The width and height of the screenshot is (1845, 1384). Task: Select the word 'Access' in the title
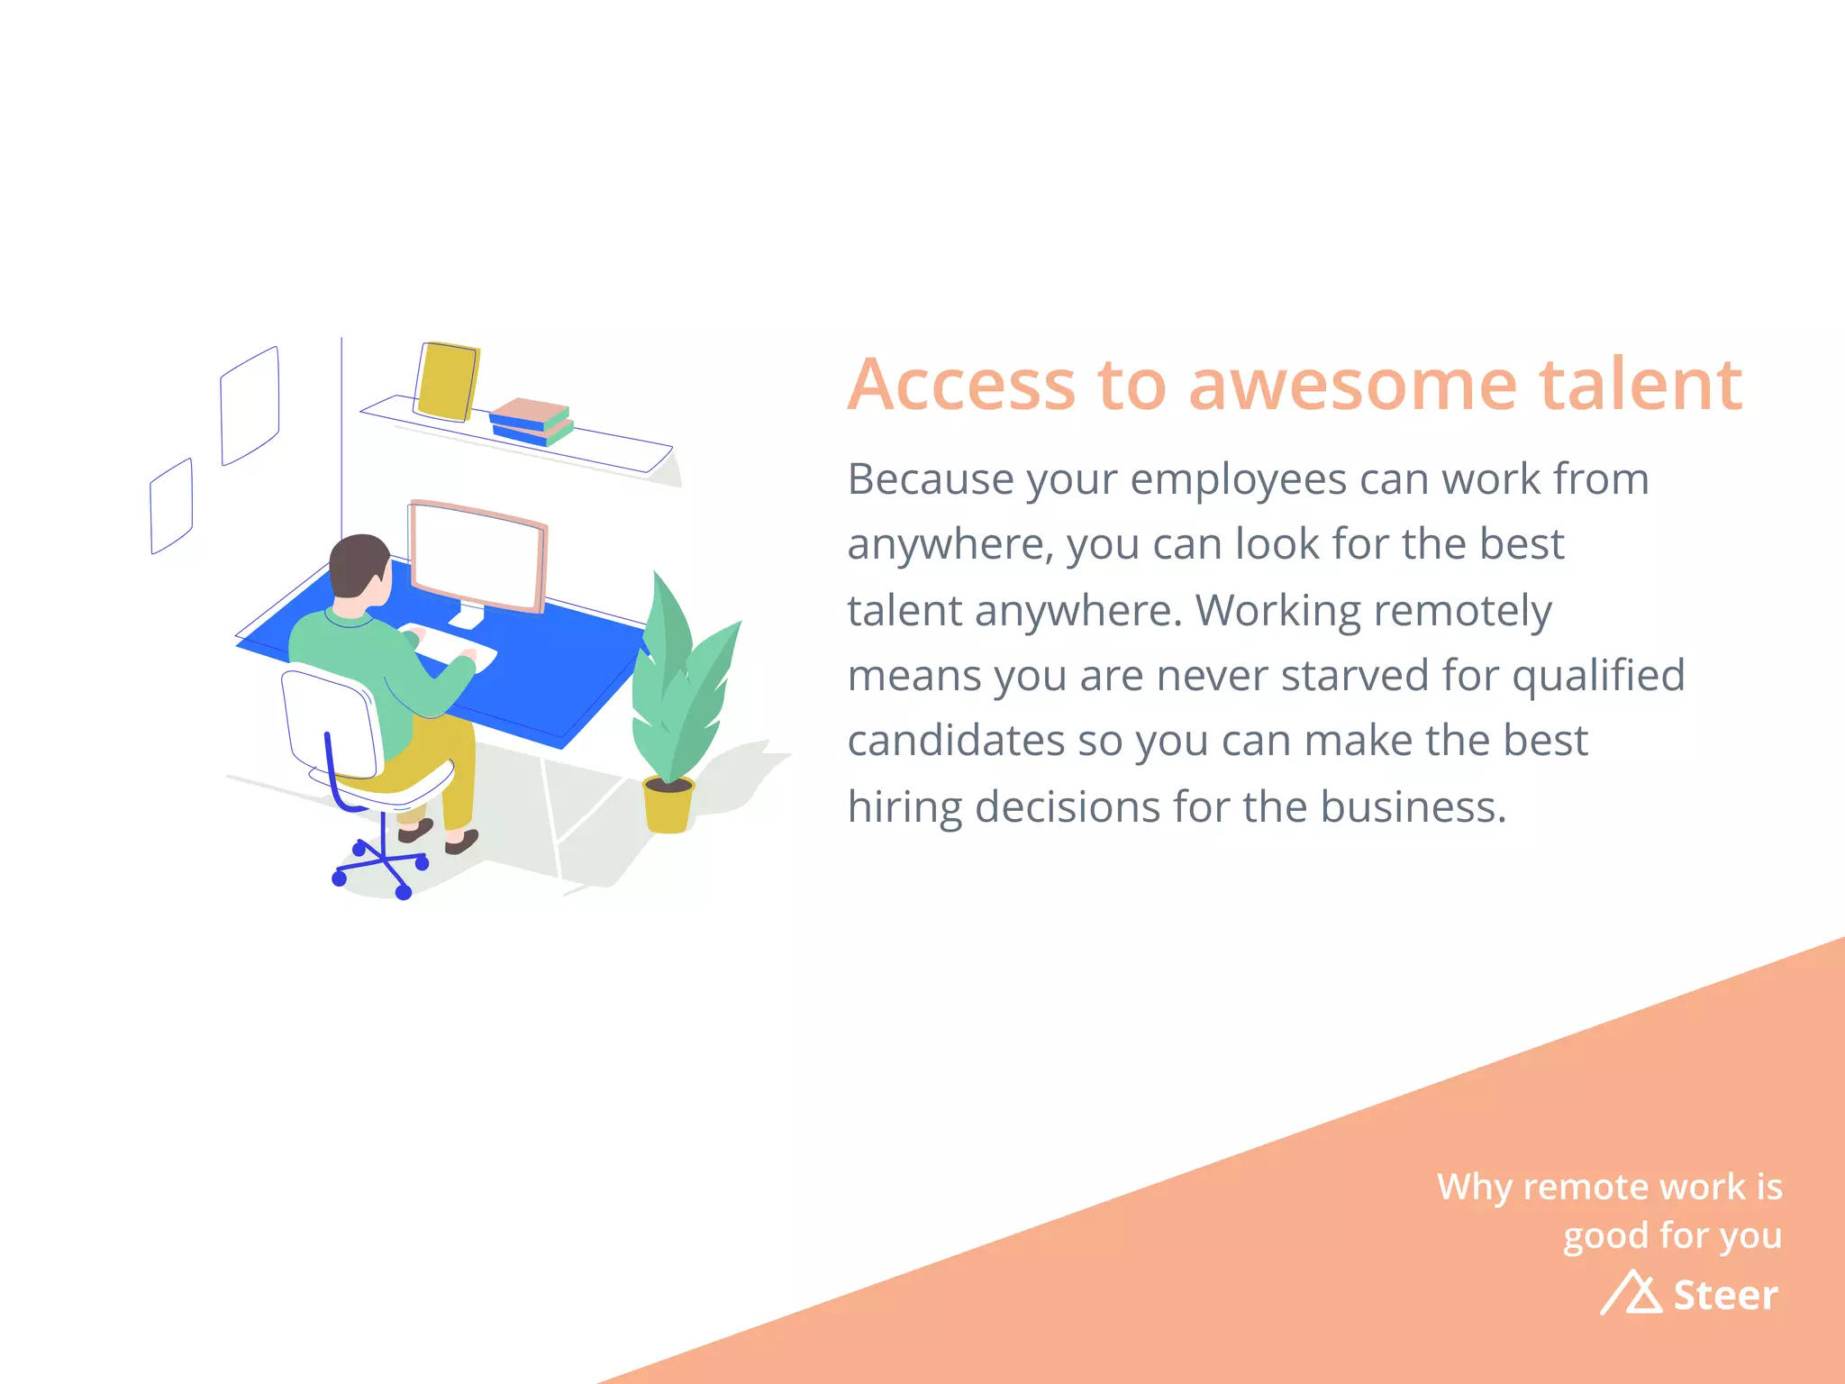pyautogui.click(x=961, y=385)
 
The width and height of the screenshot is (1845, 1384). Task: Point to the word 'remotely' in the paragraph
pyautogui.click(x=1464, y=610)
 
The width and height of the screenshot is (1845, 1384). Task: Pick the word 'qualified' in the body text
pyautogui.click(x=1598, y=675)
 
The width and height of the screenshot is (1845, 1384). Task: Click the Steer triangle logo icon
pyautogui.click(x=1631, y=1293)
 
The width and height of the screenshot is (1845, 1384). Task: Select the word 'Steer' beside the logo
pyautogui.click(x=1725, y=1295)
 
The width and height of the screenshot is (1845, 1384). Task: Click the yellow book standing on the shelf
pyautogui.click(x=447, y=380)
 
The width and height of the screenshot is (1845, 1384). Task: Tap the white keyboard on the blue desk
pyautogui.click(x=448, y=646)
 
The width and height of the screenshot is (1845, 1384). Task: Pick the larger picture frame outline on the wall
pyautogui.click(x=250, y=405)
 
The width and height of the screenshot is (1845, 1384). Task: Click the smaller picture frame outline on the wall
pyautogui.click(x=171, y=505)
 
